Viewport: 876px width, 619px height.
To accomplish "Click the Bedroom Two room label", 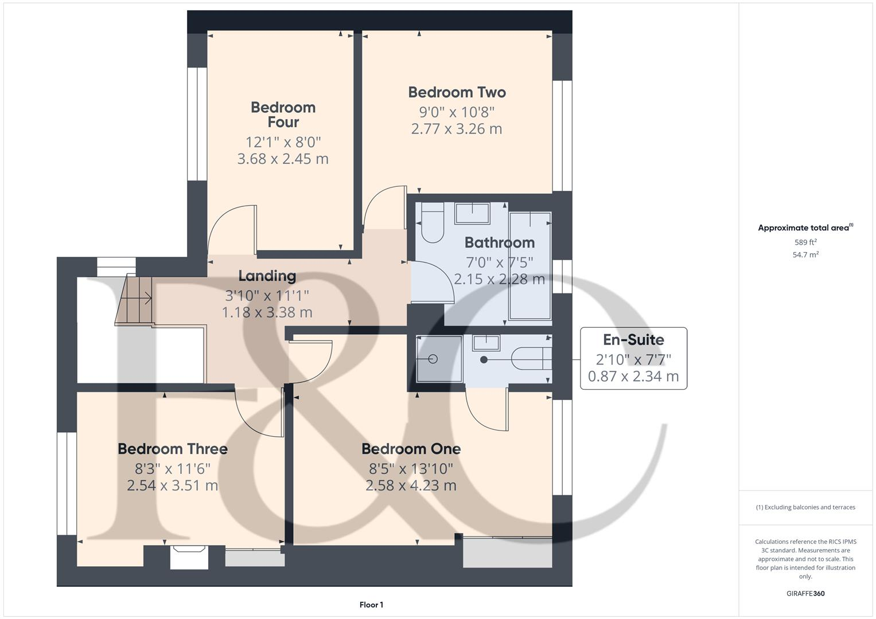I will click(457, 92).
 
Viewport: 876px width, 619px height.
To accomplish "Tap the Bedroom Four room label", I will click(283, 115).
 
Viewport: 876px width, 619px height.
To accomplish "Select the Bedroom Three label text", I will click(173, 449).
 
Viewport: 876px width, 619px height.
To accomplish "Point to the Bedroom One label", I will click(411, 449).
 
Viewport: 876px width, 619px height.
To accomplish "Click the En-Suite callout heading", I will click(633, 340).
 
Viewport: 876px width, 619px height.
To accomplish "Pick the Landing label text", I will click(267, 276).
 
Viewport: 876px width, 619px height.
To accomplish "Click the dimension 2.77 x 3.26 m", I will click(457, 129).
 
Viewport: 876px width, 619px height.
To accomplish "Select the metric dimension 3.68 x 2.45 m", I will click(283, 159).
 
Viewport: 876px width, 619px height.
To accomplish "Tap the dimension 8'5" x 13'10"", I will click(411, 469).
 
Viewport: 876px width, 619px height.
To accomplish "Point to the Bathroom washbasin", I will click(472, 213).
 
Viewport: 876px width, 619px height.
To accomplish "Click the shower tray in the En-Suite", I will click(439, 359).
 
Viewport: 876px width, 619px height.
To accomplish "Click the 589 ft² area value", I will click(805, 242).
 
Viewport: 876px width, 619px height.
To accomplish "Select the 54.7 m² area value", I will click(805, 255).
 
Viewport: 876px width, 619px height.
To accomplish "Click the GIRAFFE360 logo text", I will click(805, 593).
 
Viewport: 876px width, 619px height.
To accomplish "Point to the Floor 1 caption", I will click(371, 605).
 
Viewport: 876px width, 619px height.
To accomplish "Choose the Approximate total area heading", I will click(805, 228).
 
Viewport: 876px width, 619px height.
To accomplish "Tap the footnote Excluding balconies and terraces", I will click(805, 507).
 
